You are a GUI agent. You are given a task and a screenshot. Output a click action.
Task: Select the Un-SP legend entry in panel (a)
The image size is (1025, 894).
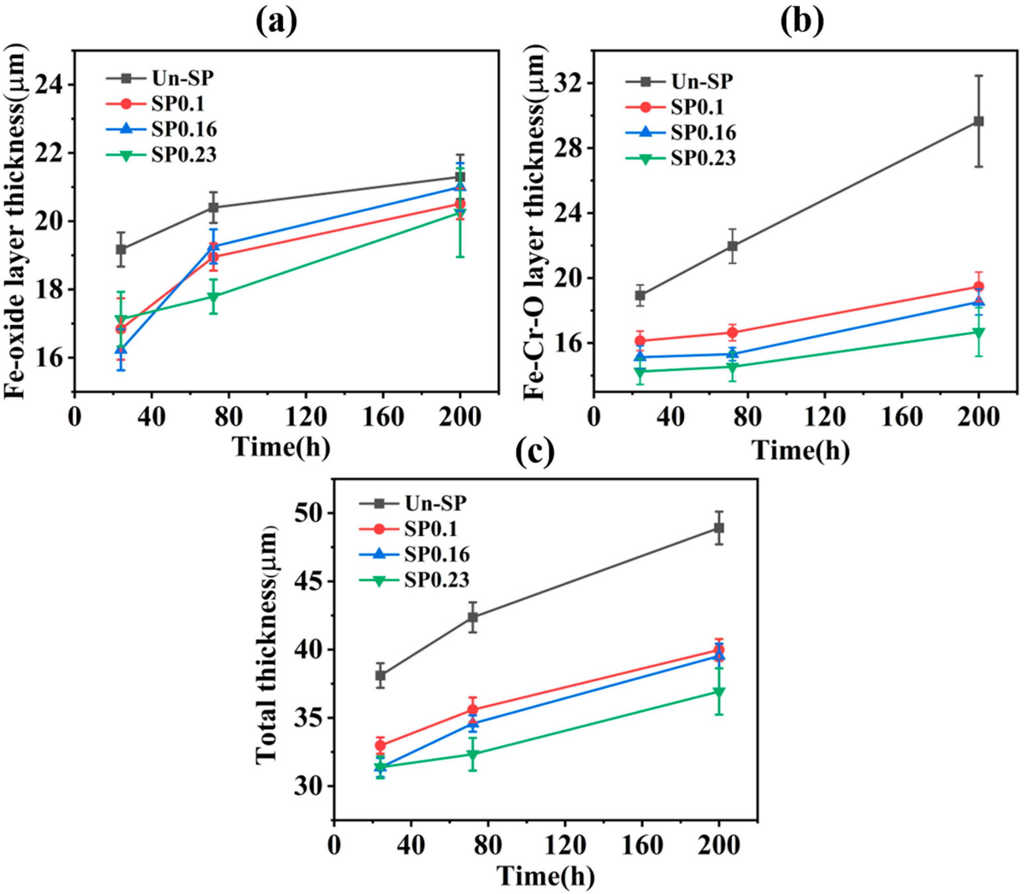(183, 78)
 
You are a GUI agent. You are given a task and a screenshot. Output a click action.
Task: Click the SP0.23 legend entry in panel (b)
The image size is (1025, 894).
(703, 158)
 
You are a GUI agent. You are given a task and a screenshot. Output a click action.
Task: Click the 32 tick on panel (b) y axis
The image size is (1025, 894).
(568, 83)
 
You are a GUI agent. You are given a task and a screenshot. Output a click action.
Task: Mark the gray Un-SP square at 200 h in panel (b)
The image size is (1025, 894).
(979, 121)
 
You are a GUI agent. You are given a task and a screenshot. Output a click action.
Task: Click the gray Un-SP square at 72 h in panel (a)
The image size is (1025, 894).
(213, 207)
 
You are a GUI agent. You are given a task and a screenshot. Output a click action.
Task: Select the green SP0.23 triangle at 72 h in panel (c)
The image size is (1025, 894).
(473, 754)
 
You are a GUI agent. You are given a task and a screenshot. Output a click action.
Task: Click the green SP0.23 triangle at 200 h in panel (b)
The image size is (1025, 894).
(979, 332)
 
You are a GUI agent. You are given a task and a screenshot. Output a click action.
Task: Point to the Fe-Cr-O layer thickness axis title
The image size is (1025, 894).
(535, 225)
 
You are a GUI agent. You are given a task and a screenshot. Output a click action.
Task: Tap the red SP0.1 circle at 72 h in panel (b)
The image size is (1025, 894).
(732, 333)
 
